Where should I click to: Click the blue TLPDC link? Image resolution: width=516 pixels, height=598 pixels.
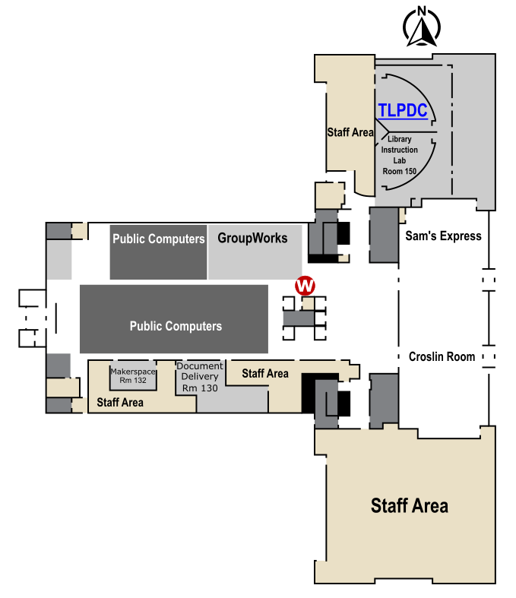(x=403, y=111)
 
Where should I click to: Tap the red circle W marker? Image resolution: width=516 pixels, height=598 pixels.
(x=305, y=285)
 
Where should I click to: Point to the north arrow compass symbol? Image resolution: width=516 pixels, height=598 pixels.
(x=422, y=27)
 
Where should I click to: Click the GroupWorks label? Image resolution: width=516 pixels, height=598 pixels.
(x=252, y=238)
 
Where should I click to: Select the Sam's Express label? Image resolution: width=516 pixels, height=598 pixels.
(x=443, y=236)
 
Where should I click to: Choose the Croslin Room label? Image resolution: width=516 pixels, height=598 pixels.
(x=442, y=356)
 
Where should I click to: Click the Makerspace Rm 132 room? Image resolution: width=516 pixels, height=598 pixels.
(x=133, y=375)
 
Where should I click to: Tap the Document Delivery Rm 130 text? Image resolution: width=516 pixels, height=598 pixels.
(x=200, y=377)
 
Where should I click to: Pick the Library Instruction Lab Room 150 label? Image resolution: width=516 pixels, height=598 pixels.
(x=399, y=155)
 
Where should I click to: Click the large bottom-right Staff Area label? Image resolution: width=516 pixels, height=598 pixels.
(x=410, y=506)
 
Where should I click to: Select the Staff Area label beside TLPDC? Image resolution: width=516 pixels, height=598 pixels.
(x=350, y=132)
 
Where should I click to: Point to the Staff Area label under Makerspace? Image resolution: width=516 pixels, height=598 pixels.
(x=120, y=403)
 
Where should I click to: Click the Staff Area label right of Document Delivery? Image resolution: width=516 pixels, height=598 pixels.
(x=265, y=373)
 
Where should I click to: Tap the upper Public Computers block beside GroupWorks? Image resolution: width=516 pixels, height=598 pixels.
(x=158, y=252)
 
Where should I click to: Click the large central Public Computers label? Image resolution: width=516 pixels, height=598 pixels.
(x=176, y=326)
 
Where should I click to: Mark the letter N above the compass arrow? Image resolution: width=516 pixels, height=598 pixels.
(x=422, y=11)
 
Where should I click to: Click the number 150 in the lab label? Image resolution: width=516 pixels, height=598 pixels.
(x=410, y=171)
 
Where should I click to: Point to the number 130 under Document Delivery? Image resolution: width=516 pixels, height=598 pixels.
(x=211, y=388)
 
